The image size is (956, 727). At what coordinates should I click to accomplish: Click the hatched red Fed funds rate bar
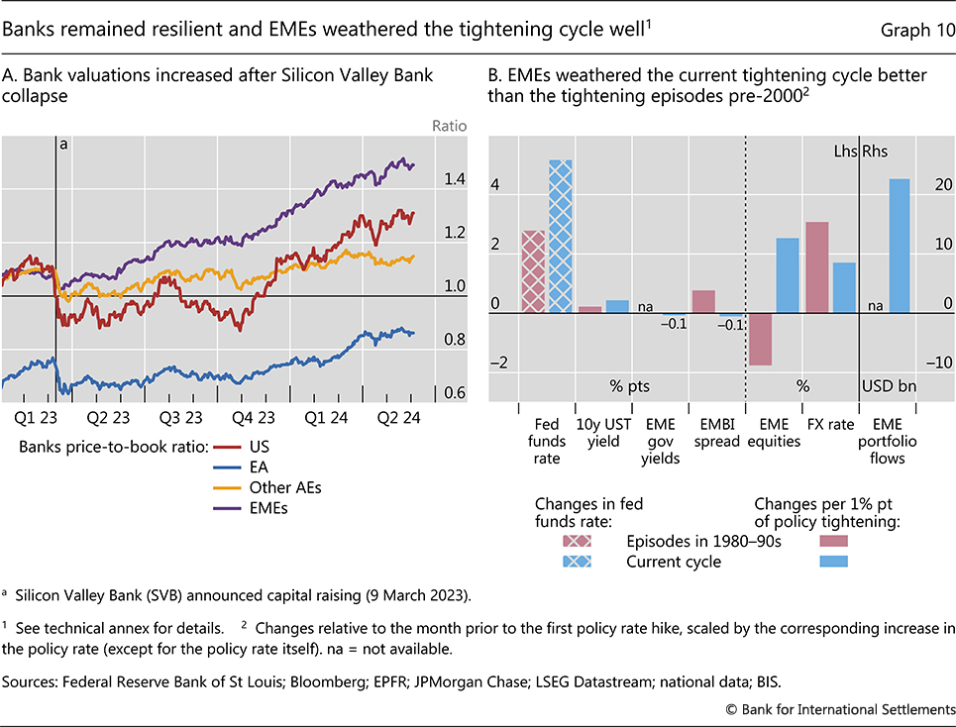coord(534,271)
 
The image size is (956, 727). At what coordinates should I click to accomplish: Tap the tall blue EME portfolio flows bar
coord(900,246)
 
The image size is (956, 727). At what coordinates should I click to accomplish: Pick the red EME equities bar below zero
coord(760,339)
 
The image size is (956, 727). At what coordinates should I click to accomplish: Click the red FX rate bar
coord(817,267)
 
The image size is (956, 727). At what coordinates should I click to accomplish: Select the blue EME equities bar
coord(788,275)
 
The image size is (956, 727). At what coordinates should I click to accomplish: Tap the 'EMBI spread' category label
coord(716,434)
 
